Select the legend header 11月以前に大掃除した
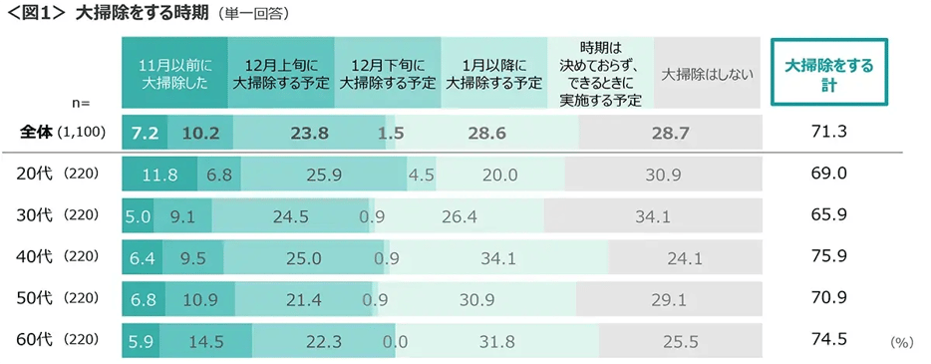point(174,74)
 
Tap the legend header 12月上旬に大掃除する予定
point(281,74)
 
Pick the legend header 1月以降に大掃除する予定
point(494,74)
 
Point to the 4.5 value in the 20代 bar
point(421,174)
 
